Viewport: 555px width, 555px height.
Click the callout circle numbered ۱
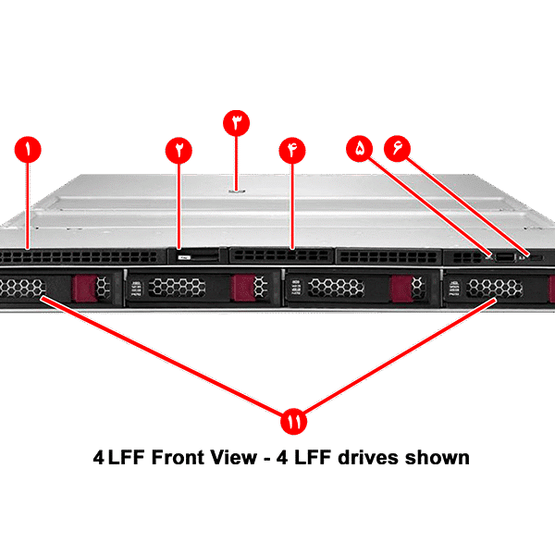29,149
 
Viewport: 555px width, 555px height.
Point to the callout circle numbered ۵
360,147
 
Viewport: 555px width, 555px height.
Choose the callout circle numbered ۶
398,147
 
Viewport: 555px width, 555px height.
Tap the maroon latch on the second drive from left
243,289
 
